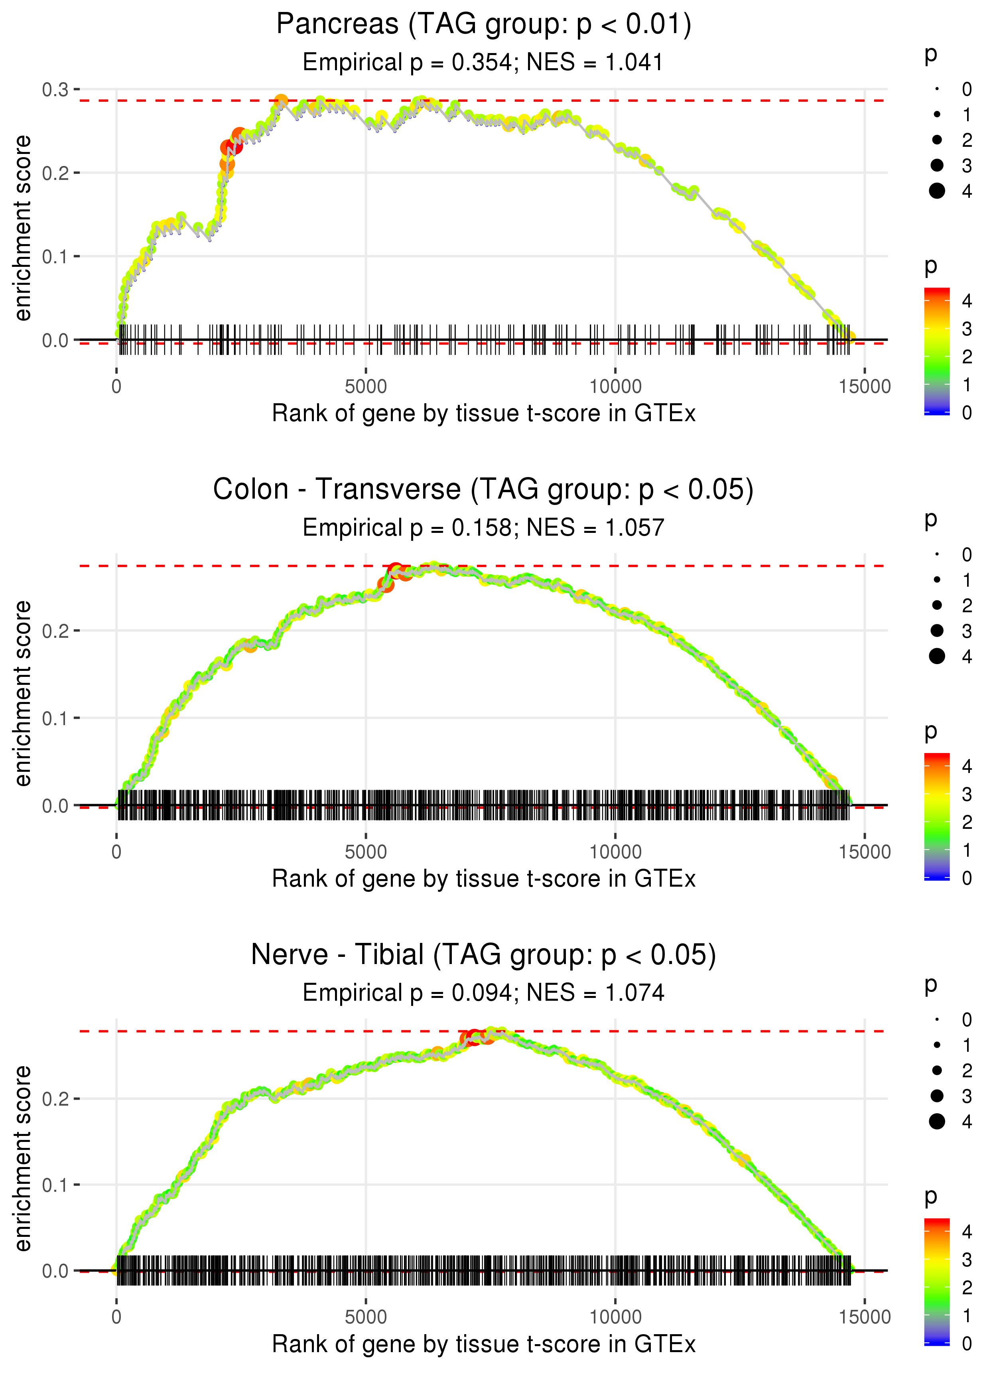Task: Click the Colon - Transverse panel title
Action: (x=483, y=490)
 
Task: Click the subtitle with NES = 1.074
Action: (x=483, y=993)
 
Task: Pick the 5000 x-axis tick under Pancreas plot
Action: (x=366, y=387)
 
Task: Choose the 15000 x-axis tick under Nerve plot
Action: (x=864, y=1317)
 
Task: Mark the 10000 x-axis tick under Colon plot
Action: (x=615, y=852)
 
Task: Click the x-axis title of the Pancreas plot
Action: (x=484, y=414)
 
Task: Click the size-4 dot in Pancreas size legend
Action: (x=937, y=191)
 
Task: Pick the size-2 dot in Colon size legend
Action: (x=937, y=605)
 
